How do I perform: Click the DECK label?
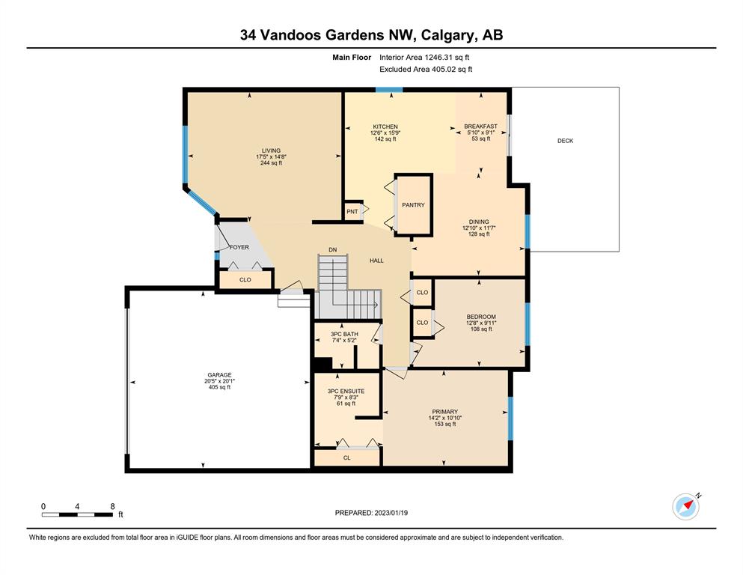(565, 141)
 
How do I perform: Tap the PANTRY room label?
(413, 205)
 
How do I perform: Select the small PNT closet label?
(352, 211)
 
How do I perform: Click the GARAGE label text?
(219, 375)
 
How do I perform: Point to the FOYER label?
(239, 247)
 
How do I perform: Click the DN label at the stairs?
(333, 249)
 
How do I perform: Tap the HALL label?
(376, 261)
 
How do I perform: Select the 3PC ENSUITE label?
(346, 391)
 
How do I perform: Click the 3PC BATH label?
(344, 334)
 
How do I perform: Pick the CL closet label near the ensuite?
(347, 457)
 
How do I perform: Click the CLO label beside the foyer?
(245, 280)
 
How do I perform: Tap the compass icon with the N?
(686, 506)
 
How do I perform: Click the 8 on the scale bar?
(112, 506)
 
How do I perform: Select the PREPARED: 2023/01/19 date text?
(371, 513)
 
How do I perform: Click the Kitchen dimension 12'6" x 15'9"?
(385, 133)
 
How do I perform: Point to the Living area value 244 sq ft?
(271, 162)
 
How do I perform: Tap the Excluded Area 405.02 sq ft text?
(426, 69)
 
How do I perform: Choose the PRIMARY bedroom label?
(444, 412)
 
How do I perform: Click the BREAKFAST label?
(480, 126)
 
